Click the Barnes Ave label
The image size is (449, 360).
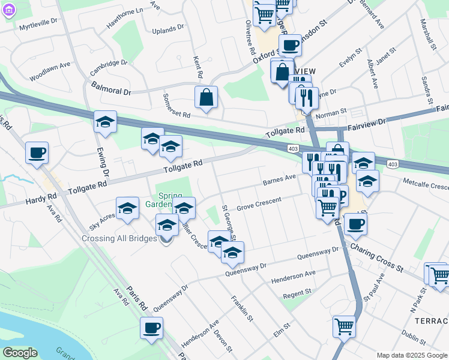pyautogui.click(x=280, y=179)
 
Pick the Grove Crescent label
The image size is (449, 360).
pyautogui.click(x=259, y=204)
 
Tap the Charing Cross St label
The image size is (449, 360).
pyautogui.click(x=376, y=256)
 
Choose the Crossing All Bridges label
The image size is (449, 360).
pyautogui.click(x=119, y=239)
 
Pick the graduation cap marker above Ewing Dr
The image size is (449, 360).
pyautogui.click(x=105, y=122)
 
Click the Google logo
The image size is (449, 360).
pyautogui.click(x=20, y=353)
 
